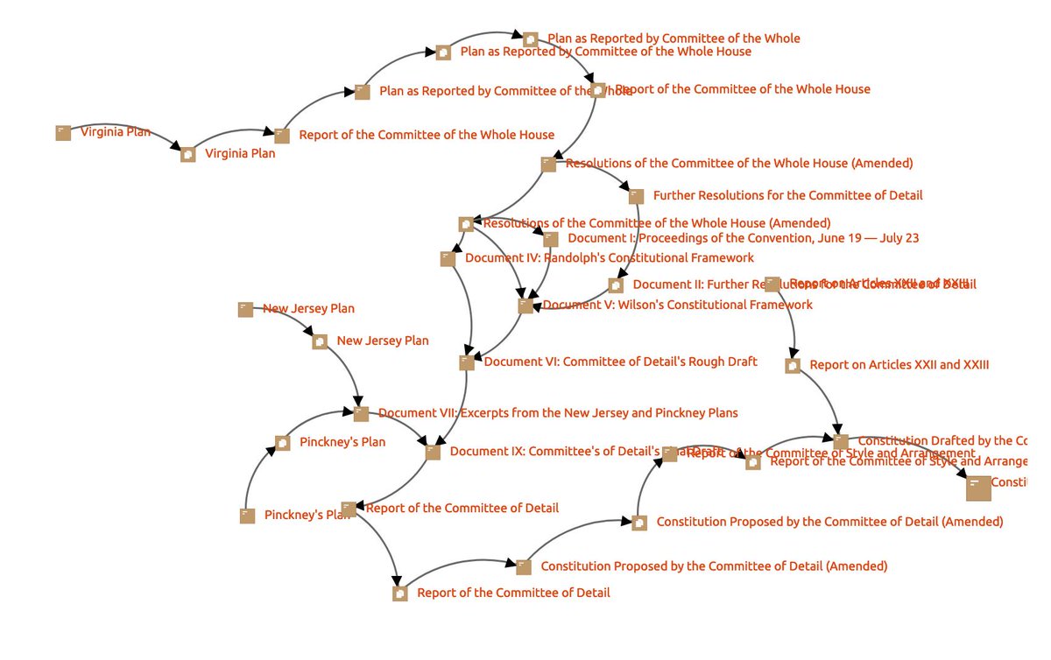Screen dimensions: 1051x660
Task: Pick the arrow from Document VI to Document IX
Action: [456, 411]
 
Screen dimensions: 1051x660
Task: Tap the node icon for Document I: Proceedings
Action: [550, 239]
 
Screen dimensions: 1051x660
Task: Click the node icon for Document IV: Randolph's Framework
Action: [448, 258]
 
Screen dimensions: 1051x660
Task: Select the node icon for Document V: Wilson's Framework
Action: [525, 305]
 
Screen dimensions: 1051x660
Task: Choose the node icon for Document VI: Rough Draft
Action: [467, 362]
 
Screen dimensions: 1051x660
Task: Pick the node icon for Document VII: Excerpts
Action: [361, 413]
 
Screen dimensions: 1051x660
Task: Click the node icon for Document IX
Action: [433, 452]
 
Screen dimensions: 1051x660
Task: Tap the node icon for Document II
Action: [616, 284]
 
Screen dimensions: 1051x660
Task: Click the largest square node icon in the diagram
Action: [978, 488]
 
